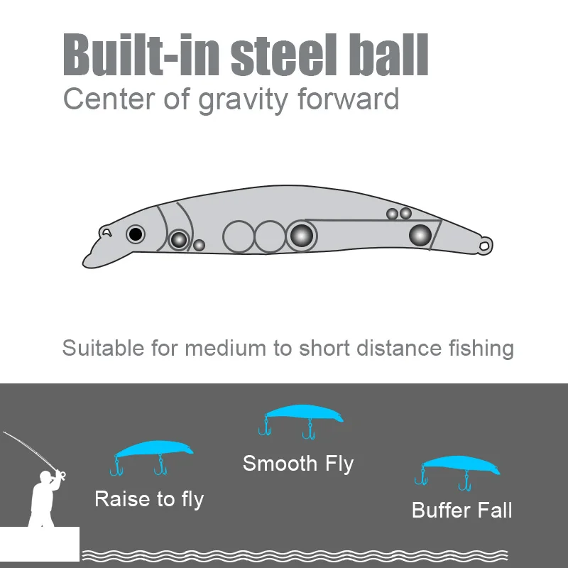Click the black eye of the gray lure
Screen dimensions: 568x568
[x=135, y=234]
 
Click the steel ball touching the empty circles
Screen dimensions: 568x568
[x=302, y=235]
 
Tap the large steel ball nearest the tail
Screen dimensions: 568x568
[x=420, y=235]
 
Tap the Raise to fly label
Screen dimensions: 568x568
[x=149, y=499]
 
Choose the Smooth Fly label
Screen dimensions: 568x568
[x=298, y=464]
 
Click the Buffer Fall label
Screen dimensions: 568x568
[x=462, y=510]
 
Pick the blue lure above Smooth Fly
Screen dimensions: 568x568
[x=304, y=415]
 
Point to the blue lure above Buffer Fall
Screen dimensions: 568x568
[x=460, y=466]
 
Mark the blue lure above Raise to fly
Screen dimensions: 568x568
[x=153, y=450]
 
